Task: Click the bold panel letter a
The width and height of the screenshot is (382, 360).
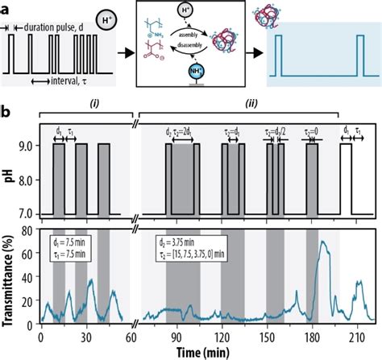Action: point(6,7)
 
